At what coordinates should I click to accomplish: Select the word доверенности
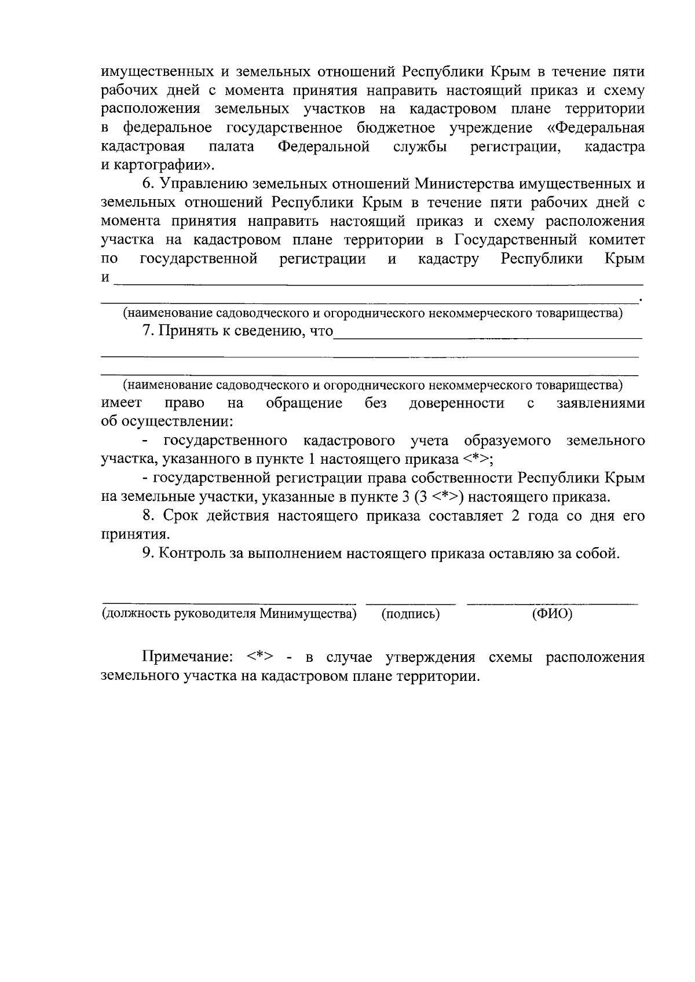[456, 404]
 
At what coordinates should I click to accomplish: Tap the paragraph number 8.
[148, 516]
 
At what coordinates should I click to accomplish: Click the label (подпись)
[411, 614]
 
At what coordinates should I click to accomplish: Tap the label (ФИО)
[551, 614]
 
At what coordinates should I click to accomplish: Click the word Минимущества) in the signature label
[307, 614]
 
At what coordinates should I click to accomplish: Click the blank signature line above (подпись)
[411, 604]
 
